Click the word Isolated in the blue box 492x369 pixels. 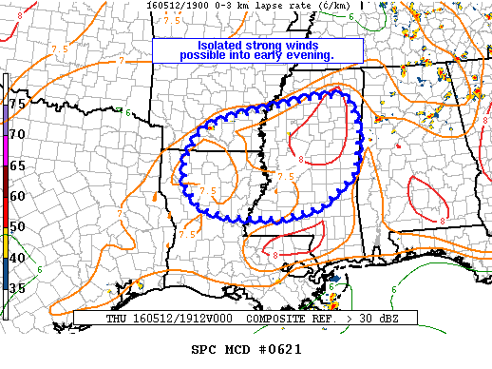[x=219, y=45]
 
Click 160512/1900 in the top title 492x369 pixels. [x=175, y=5]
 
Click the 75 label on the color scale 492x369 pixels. [x=17, y=102]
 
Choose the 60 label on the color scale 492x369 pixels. [x=17, y=196]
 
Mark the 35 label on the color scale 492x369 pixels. [x=17, y=287]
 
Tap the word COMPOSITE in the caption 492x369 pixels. [x=268, y=320]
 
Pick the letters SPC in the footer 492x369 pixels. [x=203, y=350]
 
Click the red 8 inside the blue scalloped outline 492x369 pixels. [x=301, y=145]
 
